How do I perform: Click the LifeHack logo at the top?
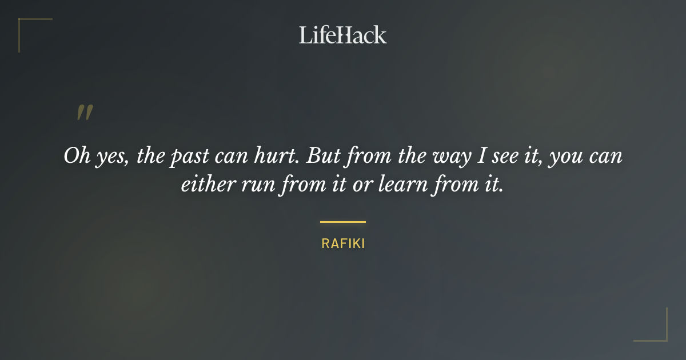point(343,35)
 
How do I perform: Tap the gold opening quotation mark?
point(84,113)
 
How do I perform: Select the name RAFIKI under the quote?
point(343,243)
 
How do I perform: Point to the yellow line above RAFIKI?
point(343,222)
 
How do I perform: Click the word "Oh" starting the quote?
point(75,156)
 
